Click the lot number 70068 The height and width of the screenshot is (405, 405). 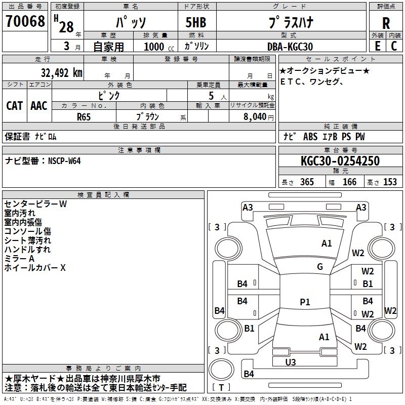point(25,21)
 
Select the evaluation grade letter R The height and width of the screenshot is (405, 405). point(386,23)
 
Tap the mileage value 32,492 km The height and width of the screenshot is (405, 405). point(61,73)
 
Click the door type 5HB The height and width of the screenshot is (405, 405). point(196,22)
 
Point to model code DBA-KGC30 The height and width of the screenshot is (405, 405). point(290,47)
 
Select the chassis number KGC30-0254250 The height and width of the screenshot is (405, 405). point(340,160)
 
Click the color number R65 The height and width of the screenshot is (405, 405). point(84,117)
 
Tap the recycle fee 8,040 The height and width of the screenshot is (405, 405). point(255,116)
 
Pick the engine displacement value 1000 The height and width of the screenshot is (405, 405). point(154,47)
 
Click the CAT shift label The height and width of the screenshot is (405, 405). point(15,106)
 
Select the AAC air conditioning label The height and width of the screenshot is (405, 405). point(39,106)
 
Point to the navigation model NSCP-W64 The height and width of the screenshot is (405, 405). point(64,161)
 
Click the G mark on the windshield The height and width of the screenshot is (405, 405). point(320,266)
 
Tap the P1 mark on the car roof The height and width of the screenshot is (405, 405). point(305,302)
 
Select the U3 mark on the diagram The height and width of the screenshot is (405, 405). point(291,362)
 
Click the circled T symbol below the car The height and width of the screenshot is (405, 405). point(221,369)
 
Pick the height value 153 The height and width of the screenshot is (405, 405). point(390,182)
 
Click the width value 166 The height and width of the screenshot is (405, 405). point(349,182)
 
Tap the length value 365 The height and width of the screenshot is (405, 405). point(307,182)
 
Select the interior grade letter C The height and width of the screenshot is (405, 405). point(394,46)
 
